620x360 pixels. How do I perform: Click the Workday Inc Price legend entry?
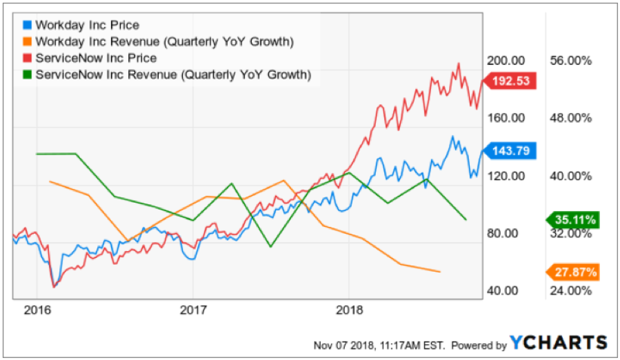point(87,25)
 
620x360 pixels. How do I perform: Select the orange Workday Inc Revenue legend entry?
point(166,41)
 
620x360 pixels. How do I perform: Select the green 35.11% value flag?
point(574,221)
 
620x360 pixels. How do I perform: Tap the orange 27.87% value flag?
point(574,270)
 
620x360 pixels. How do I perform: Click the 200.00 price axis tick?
point(503,61)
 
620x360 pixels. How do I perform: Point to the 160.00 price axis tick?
point(503,118)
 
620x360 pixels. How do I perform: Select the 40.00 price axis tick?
point(503,290)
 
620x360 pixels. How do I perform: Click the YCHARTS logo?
point(559,343)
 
